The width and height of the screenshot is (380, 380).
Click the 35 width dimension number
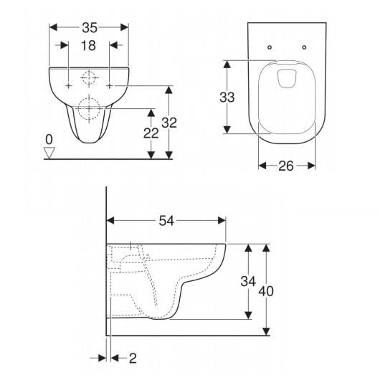90,27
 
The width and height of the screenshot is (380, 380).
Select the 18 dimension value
88,46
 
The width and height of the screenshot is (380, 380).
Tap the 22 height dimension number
151,133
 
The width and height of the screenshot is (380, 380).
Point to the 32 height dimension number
169,123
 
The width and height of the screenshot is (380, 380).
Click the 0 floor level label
49,140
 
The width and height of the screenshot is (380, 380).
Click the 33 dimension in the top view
227,98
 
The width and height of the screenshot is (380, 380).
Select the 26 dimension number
286,166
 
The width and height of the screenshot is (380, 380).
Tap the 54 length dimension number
166,221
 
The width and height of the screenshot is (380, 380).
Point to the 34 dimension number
248,281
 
